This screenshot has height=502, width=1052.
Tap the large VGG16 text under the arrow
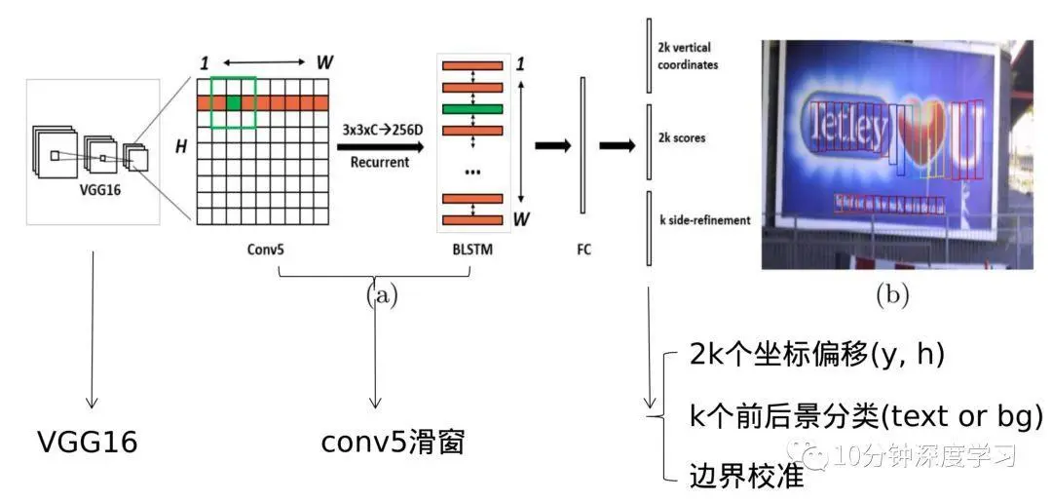(x=87, y=444)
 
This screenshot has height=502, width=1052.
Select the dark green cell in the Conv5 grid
(x=234, y=102)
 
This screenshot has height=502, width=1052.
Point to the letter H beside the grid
(x=181, y=146)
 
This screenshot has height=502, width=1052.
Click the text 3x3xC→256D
(x=381, y=129)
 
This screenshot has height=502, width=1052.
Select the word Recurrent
(x=381, y=162)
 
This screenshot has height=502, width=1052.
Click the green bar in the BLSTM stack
(x=472, y=108)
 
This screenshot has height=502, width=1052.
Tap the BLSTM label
(x=471, y=250)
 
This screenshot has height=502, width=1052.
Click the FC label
(x=583, y=250)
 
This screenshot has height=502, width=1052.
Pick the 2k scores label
(x=683, y=138)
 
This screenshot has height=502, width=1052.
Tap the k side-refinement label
(x=703, y=220)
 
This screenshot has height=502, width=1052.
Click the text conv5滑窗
(x=394, y=444)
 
